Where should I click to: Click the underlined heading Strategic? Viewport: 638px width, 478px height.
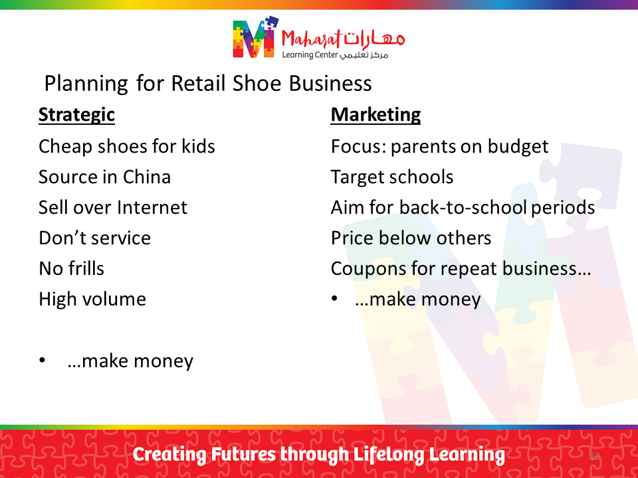pyautogui.click(x=76, y=116)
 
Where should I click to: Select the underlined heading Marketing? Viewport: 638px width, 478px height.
pyautogui.click(x=375, y=116)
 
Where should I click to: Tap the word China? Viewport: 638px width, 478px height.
pyautogui.click(x=147, y=177)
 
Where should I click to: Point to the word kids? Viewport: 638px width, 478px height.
pyautogui.click(x=198, y=146)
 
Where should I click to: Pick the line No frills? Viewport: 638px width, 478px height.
pyautogui.click(x=72, y=268)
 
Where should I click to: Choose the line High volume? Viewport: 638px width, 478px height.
pyautogui.click(x=92, y=299)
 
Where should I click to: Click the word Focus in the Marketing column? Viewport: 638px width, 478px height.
pyautogui.click(x=358, y=146)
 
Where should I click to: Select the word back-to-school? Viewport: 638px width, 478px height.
pyautogui.click(x=463, y=207)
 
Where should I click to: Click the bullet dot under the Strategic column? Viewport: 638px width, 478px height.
pyautogui.click(x=42, y=360)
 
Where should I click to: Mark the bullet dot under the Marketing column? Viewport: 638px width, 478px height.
pyautogui.click(x=334, y=299)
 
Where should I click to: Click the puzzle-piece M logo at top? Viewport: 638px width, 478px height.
pyautogui.click(x=255, y=37)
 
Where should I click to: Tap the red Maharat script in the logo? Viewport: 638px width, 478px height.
pyautogui.click(x=311, y=40)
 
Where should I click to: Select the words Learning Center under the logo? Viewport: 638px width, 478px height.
pyautogui.click(x=310, y=55)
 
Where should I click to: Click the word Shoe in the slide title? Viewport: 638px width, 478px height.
pyautogui.click(x=257, y=84)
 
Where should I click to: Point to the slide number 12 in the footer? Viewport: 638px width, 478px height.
pyautogui.click(x=594, y=456)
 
